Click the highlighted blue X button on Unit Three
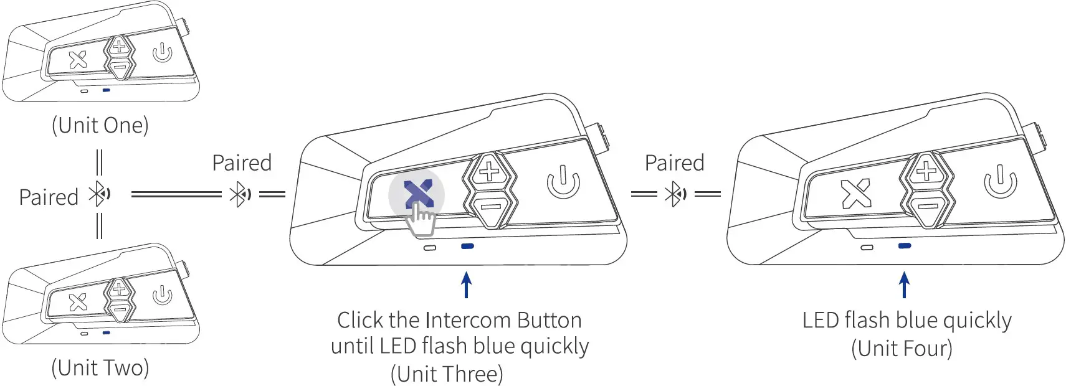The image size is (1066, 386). (x=417, y=194)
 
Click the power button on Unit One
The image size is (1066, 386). (x=162, y=53)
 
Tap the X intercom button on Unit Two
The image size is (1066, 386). (x=78, y=302)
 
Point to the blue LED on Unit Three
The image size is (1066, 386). (x=467, y=247)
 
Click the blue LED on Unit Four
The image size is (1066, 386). (x=905, y=247)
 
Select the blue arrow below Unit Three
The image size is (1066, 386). (x=466, y=285)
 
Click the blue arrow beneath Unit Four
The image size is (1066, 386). (x=904, y=285)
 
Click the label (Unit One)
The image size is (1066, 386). (x=100, y=125)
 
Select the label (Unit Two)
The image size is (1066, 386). (x=100, y=367)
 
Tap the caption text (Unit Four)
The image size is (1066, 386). (x=902, y=348)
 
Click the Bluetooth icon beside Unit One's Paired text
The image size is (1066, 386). (x=100, y=195)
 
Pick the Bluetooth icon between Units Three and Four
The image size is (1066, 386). (x=675, y=195)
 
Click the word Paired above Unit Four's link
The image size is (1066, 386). (x=674, y=163)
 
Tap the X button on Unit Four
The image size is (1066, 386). (x=855, y=194)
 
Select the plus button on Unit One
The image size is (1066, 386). (x=119, y=45)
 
